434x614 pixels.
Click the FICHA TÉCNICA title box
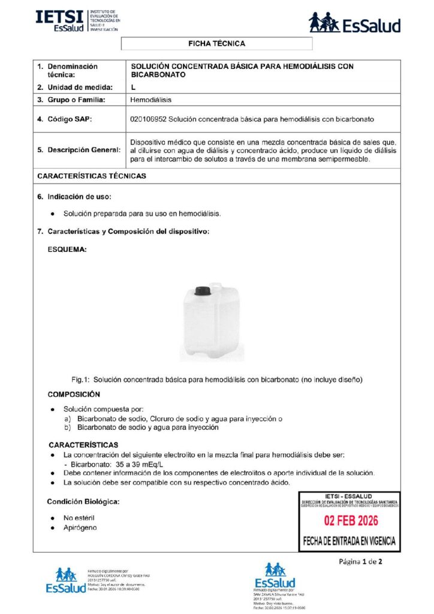(216, 44)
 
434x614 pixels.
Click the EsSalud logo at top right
(354, 23)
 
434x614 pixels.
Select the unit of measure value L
(133, 88)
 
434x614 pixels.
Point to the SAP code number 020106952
(149, 119)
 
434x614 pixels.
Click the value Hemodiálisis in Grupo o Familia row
(150, 100)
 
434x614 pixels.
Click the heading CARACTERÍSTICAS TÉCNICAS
(91, 176)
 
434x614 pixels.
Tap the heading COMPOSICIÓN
(74, 395)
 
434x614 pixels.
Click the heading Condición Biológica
(83, 501)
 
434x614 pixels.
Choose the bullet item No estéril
(79, 517)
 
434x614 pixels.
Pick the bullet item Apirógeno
(80, 528)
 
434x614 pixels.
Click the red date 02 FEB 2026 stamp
(348, 520)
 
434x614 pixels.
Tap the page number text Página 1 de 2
(360, 562)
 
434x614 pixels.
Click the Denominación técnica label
(72, 71)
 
